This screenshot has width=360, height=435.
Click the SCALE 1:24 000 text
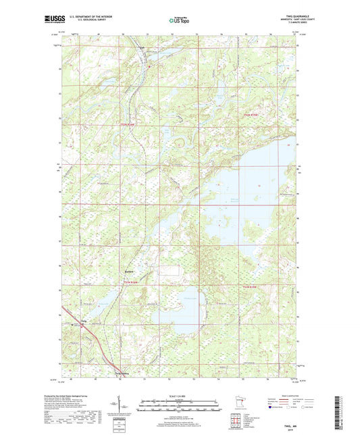click(180, 396)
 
